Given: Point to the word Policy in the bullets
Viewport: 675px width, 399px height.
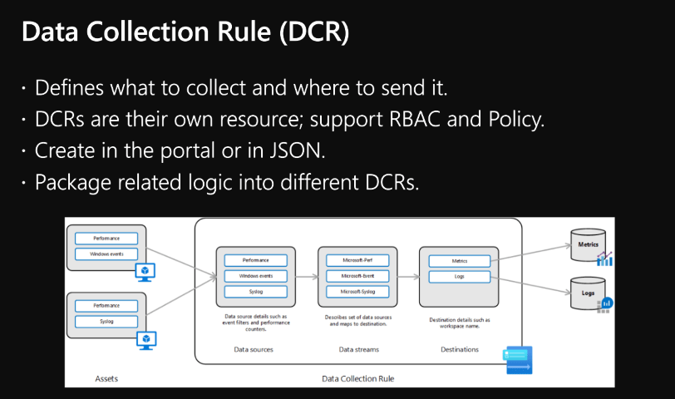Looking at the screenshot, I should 511,119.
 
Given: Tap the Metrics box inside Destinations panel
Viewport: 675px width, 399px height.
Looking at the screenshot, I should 459,260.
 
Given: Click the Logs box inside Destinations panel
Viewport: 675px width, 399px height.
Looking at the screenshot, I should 459,276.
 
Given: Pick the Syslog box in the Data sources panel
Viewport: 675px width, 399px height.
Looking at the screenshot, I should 255,292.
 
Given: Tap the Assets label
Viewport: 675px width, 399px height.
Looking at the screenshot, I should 106,379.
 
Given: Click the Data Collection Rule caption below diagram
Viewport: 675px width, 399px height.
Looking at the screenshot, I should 357,379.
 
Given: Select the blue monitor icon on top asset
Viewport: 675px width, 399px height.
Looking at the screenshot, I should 146,271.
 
